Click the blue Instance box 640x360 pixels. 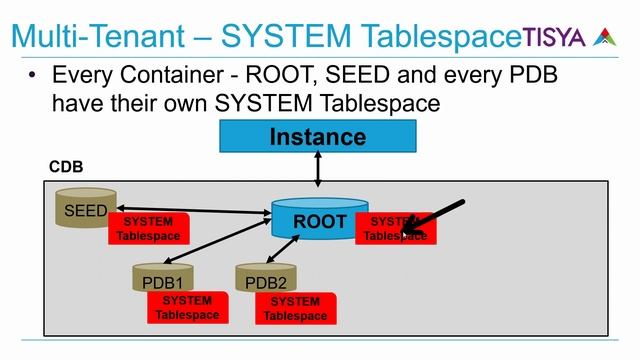pyautogui.click(x=317, y=137)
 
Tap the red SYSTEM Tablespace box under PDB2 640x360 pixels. pyautogui.click(x=295, y=308)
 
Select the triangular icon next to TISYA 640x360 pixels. pyautogui.click(x=603, y=37)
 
